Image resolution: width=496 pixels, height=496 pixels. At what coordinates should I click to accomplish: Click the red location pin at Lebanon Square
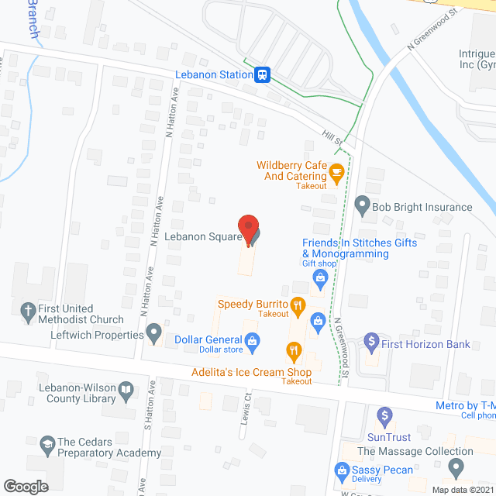247,227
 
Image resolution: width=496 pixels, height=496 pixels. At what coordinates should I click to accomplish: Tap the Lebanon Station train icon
263,74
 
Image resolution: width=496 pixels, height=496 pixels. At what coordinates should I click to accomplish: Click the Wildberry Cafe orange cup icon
336,171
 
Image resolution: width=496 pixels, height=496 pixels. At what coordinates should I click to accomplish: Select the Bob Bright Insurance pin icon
361,207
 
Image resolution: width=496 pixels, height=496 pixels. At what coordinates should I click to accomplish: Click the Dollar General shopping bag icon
252,339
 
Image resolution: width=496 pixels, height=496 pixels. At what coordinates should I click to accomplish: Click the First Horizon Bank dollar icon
371,339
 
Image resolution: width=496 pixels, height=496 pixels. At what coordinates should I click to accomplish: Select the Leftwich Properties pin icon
154,335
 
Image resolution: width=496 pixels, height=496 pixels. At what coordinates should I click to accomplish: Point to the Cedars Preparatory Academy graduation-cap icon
49,442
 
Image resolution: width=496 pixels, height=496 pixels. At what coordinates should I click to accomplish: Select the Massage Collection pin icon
456,468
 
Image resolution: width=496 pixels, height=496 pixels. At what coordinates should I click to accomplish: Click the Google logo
25,486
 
